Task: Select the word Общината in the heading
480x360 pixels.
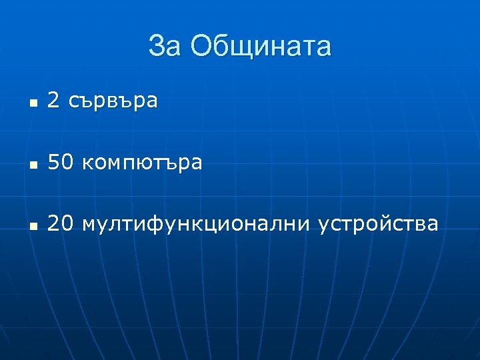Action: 260,47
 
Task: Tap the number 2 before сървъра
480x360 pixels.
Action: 55,101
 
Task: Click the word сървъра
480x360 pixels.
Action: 113,101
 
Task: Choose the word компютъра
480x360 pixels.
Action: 143,163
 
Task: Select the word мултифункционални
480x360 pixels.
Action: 196,225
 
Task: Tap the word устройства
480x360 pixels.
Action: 378,225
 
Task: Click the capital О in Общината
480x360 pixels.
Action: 201,47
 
